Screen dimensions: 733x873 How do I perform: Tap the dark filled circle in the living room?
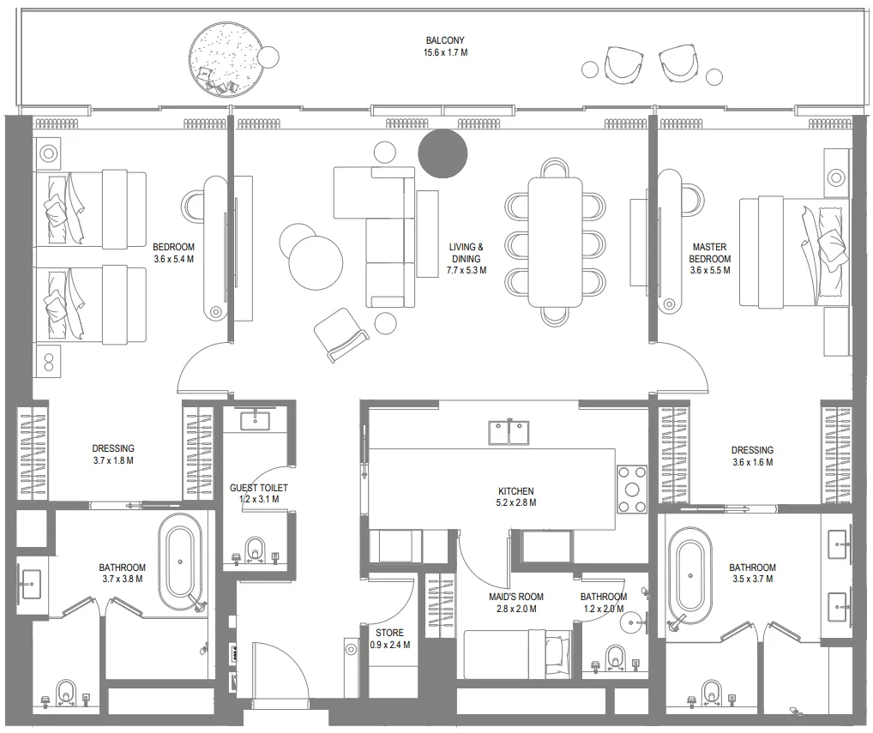(443, 153)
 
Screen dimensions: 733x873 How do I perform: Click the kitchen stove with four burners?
(633, 490)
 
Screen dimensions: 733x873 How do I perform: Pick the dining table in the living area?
(555, 241)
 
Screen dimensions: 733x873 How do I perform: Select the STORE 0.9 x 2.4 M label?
(389, 639)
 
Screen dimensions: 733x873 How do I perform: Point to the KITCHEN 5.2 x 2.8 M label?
(517, 497)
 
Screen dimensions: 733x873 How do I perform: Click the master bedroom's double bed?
(792, 251)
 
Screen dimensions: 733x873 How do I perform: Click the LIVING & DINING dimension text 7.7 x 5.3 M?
(466, 270)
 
